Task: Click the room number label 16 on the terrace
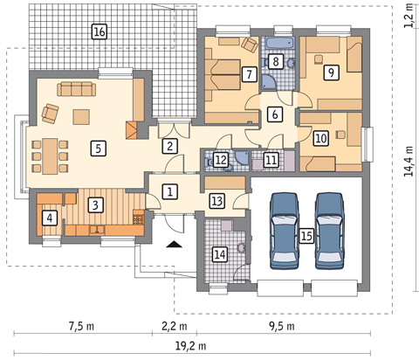click(100, 31)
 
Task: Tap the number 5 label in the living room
click(98, 149)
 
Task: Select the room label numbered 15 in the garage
click(306, 235)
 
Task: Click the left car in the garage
click(285, 230)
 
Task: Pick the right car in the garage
click(330, 230)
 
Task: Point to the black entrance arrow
click(175, 244)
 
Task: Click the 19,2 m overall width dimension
click(191, 346)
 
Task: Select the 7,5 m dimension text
click(81, 326)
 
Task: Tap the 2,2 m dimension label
click(175, 326)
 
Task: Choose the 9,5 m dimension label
click(282, 326)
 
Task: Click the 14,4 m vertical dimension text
click(409, 161)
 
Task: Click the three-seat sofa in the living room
click(77, 89)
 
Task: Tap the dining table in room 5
click(50, 156)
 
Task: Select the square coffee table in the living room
click(81, 116)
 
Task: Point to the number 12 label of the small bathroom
click(221, 160)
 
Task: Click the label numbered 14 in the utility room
click(220, 254)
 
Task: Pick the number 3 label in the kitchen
click(95, 205)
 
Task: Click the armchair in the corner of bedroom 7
click(250, 45)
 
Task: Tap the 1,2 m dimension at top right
click(409, 19)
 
